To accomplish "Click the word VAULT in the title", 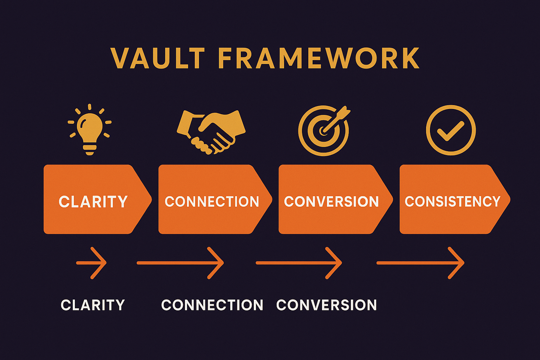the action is point(157,58).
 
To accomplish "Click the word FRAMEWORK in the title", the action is point(319,58).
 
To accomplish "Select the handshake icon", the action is point(211,132).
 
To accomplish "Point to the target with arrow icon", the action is point(324,130).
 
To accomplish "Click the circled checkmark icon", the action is point(451,130).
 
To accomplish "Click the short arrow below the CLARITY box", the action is point(91,263).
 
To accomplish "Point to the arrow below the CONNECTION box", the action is point(180,263).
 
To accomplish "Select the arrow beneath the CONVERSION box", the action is point(299,263).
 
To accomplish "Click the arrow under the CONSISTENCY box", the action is point(420,263).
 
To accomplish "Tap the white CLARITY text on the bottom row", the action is point(93,305).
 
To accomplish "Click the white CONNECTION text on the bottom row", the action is point(212,305).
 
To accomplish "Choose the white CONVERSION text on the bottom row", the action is point(327,305).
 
